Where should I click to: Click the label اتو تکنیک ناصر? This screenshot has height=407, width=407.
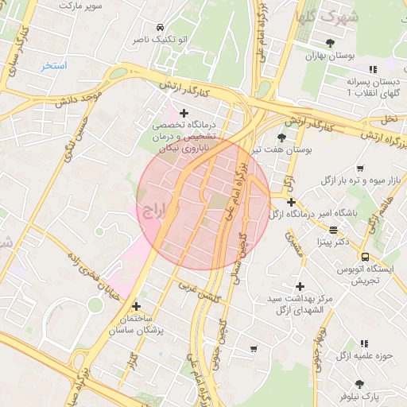[160, 39]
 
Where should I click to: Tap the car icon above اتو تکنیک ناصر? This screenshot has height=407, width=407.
[161, 25]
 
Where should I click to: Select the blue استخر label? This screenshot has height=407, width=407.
[54, 65]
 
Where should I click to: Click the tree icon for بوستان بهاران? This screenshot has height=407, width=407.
[330, 42]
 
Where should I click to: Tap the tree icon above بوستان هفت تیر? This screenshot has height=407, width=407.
[282, 137]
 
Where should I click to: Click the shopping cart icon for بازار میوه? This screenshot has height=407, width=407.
[361, 169]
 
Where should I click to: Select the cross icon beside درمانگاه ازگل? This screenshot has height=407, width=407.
[292, 202]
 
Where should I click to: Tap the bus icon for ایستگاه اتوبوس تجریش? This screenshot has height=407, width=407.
[365, 257]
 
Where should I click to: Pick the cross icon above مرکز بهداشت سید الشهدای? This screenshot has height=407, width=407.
[299, 286]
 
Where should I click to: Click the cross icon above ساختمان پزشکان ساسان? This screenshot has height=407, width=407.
[136, 306]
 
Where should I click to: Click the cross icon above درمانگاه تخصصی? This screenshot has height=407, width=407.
[184, 113]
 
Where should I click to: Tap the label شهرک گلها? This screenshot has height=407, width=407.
[326, 16]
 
